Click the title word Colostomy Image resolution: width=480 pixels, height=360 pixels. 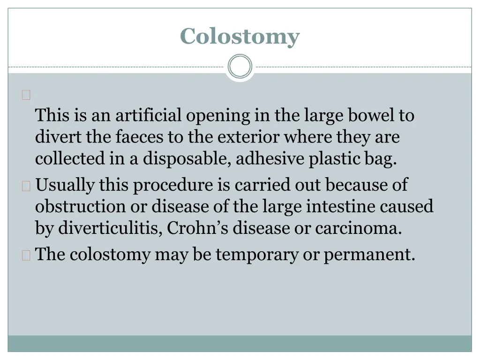tap(240, 36)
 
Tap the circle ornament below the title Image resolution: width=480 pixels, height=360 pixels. tap(240, 67)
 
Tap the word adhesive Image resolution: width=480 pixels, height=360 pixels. tap(270, 159)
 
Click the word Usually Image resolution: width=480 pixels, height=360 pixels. tap(65, 185)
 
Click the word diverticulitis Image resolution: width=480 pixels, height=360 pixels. tap(110, 229)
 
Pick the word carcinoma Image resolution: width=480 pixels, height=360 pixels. tap(358, 229)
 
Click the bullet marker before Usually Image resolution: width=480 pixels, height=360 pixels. tap(26, 186)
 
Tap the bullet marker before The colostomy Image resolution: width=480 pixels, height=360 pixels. tap(26, 255)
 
